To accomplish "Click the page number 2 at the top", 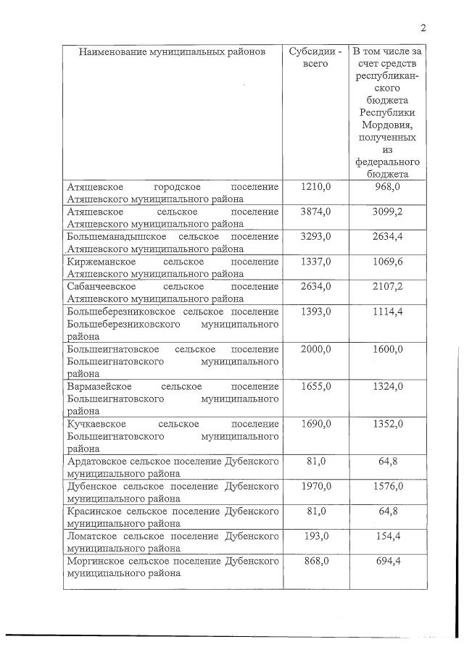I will [x=422, y=28].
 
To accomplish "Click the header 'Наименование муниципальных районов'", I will [x=172, y=52].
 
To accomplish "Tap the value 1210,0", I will [x=315, y=187].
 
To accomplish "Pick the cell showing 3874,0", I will [x=315, y=212].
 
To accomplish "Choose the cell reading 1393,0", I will [x=315, y=311].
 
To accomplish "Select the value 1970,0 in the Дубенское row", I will [x=315, y=486].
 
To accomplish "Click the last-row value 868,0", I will [x=315, y=560].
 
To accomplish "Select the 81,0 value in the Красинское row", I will [x=315, y=511].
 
